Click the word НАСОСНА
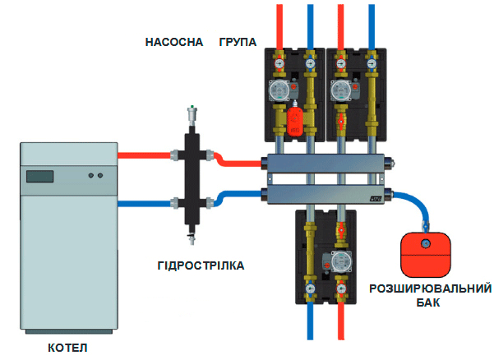coord(174,42)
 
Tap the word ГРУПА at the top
coord(238,42)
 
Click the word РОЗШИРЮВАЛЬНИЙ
coord(431,288)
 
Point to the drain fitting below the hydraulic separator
coord(193,238)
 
